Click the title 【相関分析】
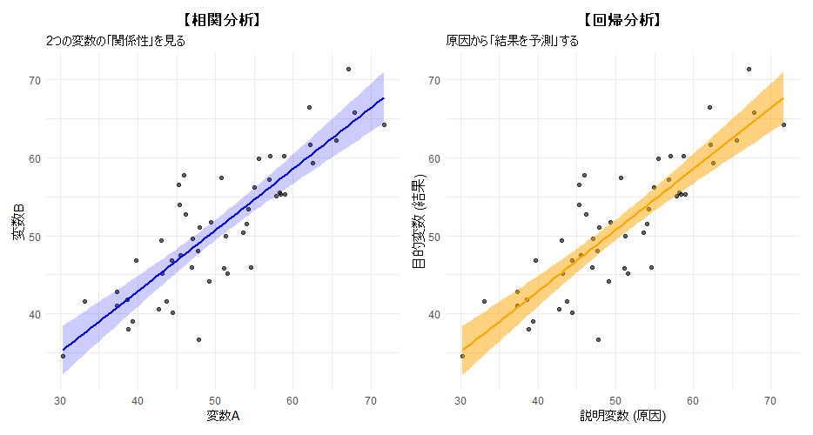[223, 19]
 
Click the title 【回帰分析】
[622, 19]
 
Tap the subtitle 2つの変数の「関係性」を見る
[116, 41]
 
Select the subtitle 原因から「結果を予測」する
[512, 41]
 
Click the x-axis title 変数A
[222, 417]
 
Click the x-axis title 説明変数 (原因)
[622, 417]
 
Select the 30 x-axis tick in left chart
[60, 401]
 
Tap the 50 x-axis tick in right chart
[615, 401]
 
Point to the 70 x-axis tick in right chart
[770, 401]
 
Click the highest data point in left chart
[348, 69]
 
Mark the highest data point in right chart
[749, 69]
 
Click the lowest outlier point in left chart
[198, 339]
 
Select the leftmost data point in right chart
[462, 356]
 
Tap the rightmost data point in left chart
[384, 124]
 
